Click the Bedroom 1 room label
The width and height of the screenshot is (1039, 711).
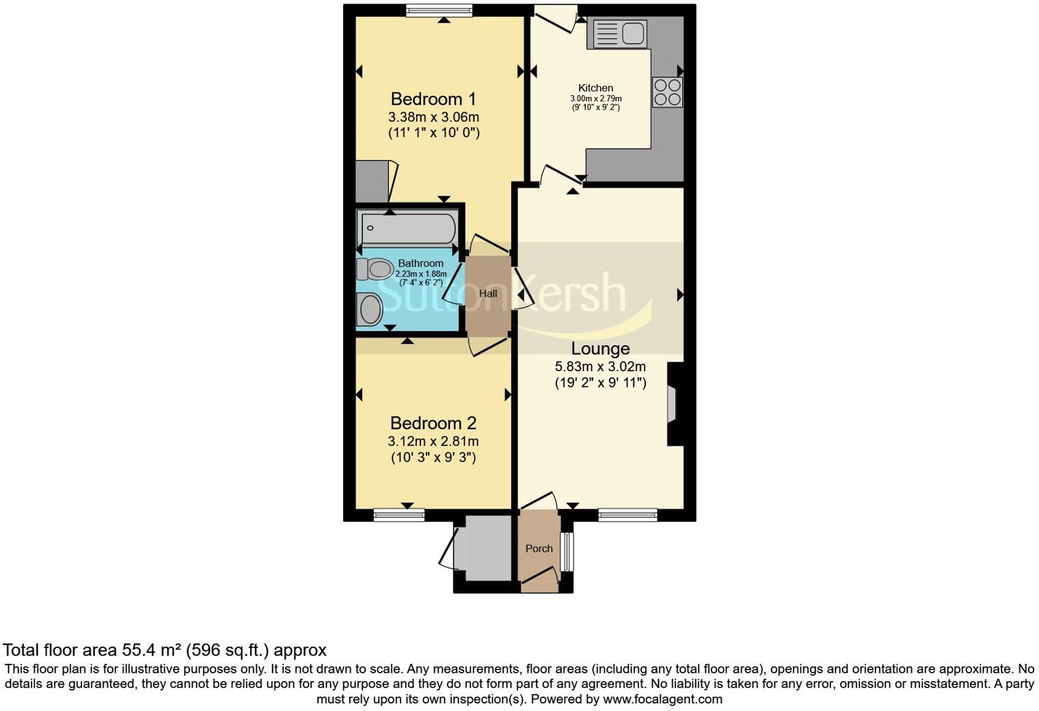point(433,99)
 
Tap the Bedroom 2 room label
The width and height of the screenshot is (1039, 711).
point(433,423)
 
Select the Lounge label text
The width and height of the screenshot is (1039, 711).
point(600,349)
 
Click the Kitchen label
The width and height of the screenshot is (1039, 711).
point(595,88)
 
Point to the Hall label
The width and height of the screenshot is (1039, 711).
point(488,294)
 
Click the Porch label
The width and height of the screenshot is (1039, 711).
point(539,548)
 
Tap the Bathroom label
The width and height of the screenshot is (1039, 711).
point(420,263)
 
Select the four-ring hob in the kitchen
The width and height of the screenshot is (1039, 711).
point(667,92)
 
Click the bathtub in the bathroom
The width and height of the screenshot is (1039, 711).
point(408,228)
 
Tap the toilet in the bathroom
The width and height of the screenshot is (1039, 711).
point(374,269)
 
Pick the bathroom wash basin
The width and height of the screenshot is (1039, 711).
point(370,310)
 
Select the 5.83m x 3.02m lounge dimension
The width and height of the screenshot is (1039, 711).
point(600,367)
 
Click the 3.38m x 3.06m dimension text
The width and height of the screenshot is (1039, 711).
point(433,117)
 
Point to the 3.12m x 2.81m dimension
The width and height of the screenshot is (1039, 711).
point(433,442)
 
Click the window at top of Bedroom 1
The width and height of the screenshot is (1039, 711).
point(439,10)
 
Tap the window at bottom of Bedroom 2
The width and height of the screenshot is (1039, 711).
point(399,515)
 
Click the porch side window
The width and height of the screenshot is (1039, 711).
point(566,551)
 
